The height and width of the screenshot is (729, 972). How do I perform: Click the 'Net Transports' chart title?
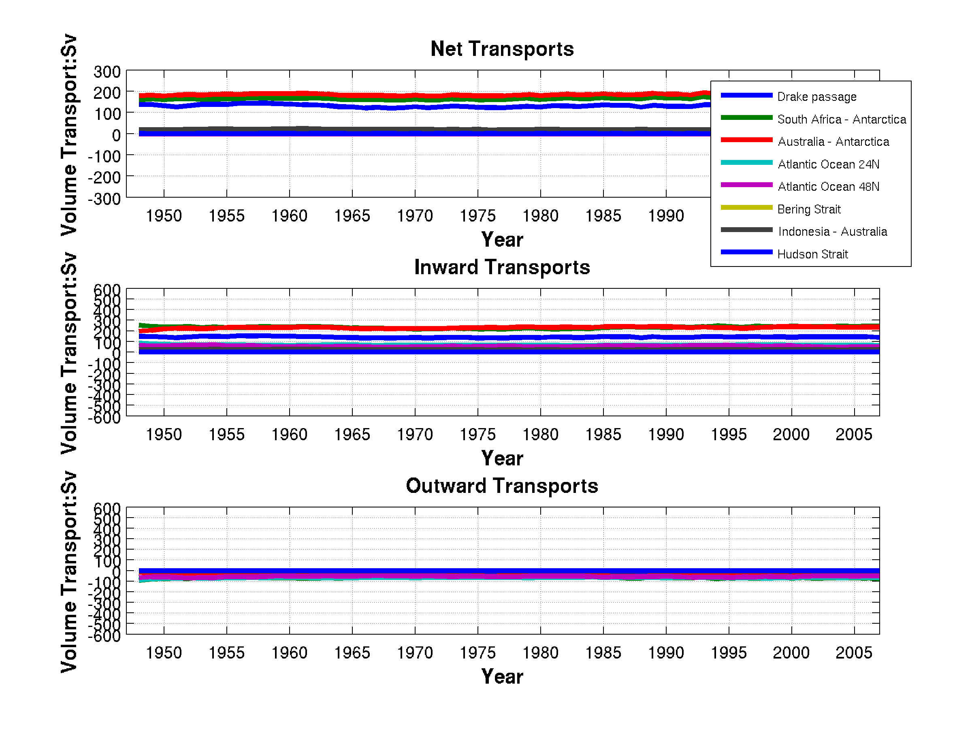[502, 49]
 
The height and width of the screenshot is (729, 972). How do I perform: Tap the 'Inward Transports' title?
[502, 267]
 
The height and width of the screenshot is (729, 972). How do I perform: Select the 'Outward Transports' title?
[502, 486]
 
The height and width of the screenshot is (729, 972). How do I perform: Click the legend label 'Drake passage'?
[816, 97]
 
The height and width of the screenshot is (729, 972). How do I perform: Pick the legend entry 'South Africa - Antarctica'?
[842, 119]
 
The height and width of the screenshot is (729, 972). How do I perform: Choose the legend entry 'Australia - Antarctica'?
[833, 141]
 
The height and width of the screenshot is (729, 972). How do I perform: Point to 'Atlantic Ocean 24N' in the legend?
[828, 164]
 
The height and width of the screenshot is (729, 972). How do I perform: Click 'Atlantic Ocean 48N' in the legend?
[828, 187]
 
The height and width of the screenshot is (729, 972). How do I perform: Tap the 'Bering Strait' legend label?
[808, 209]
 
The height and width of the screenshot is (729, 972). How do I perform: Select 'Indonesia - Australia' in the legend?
[832, 232]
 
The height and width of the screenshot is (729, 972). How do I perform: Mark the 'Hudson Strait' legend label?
[812, 254]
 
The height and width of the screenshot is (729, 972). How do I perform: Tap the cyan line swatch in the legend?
[746, 162]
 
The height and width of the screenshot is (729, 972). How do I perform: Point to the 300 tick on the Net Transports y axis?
[107, 72]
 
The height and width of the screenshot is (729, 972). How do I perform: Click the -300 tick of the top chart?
[104, 199]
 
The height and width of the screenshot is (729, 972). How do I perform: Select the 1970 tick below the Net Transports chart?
[415, 216]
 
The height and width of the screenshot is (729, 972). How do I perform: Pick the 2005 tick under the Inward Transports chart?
[854, 435]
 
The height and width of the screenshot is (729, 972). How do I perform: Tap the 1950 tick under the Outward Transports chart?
[164, 653]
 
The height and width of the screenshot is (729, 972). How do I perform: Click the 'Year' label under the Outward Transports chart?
[502, 677]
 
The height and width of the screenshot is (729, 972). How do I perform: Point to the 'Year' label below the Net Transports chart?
[502, 239]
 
